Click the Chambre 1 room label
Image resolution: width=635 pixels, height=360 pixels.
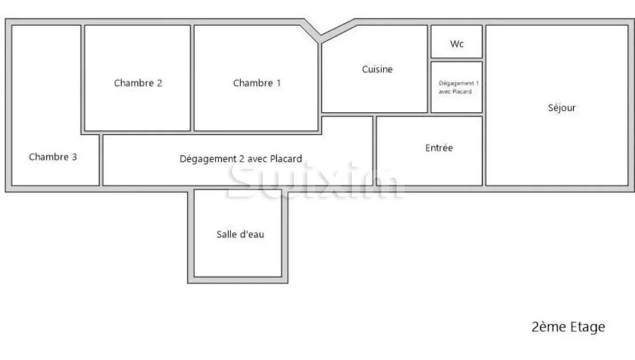coord(257,83)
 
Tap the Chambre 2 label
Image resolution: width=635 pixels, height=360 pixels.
coord(138,83)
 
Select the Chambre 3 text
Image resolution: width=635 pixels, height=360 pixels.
coord(53,157)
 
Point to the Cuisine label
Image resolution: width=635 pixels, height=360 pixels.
coord(377,69)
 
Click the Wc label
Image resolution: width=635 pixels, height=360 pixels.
coord(457,44)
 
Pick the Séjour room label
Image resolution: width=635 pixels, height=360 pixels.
coord(562,108)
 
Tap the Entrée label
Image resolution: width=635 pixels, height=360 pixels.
coord(439,148)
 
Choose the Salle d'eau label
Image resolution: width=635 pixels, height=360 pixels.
coord(240,234)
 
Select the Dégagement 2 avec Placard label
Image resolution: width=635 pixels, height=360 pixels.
coord(241,159)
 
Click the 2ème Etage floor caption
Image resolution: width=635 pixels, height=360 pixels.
coord(568,327)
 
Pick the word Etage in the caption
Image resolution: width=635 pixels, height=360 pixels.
coord(587,327)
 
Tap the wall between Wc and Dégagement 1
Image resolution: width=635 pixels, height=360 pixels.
coord(457,60)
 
